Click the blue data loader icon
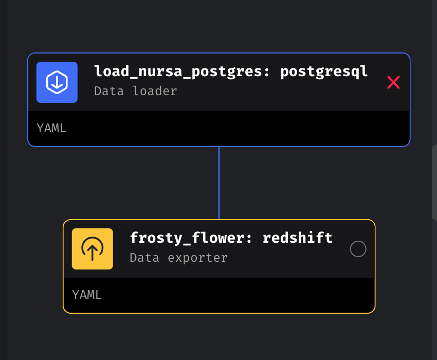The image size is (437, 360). (x=57, y=82)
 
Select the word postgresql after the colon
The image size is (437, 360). (x=324, y=71)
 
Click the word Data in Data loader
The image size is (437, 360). (x=110, y=91)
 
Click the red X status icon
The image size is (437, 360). (x=393, y=82)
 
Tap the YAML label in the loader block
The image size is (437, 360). (x=51, y=129)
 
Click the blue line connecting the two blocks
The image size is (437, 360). (x=219, y=183)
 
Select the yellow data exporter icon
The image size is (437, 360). (x=93, y=249)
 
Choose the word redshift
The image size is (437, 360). (x=298, y=238)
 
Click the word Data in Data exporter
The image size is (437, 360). (x=145, y=258)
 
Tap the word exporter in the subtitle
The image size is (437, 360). (x=197, y=258)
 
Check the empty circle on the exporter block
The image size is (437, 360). (x=358, y=249)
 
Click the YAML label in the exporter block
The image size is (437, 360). (x=87, y=295)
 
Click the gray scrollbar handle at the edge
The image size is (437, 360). (x=434, y=183)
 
